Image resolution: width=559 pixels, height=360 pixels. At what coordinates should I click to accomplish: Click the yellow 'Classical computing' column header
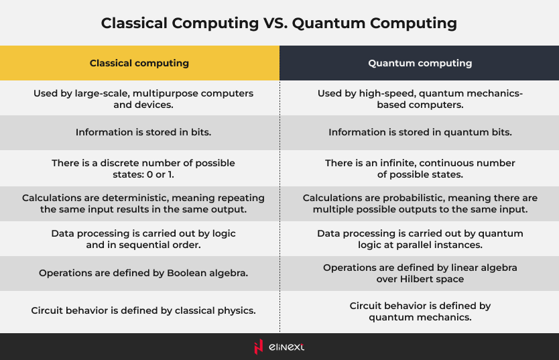(139, 63)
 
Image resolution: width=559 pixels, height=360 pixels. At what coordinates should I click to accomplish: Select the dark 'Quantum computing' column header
(420, 63)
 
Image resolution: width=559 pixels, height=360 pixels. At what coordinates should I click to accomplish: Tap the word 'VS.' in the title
(275, 23)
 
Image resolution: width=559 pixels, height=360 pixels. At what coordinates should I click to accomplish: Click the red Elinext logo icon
(259, 347)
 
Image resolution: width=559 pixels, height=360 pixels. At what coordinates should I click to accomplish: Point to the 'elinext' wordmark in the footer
(286, 347)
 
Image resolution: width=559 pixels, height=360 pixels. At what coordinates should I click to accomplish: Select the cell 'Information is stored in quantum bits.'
(420, 132)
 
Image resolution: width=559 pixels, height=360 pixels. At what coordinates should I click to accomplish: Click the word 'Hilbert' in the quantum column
(414, 279)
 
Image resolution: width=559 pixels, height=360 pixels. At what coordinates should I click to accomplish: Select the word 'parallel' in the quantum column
(413, 245)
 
